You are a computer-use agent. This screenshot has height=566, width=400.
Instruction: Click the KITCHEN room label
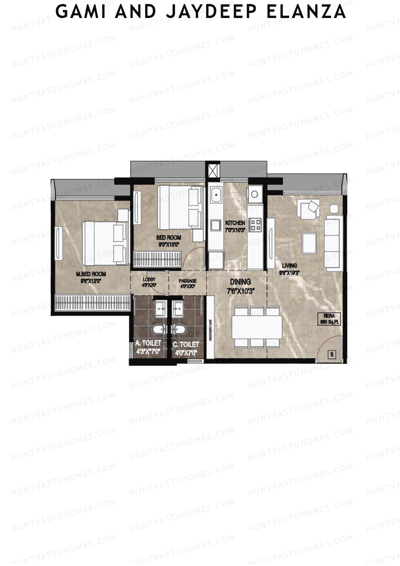click(235, 223)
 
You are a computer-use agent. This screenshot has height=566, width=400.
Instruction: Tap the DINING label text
click(240, 282)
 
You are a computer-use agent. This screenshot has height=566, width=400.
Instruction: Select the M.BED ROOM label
click(91, 274)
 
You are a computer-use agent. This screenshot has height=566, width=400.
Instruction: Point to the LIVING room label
click(289, 265)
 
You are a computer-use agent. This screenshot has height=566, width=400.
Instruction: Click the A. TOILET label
click(148, 343)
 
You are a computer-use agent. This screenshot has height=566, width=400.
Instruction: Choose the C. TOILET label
click(186, 344)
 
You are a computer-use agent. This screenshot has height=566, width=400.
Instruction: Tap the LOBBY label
click(149, 280)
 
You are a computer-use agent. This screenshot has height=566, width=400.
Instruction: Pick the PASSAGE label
click(188, 281)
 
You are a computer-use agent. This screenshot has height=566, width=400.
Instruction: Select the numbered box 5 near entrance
click(332, 355)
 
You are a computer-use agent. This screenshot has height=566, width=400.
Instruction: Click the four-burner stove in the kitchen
click(256, 225)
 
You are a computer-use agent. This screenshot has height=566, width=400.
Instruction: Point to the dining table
click(257, 327)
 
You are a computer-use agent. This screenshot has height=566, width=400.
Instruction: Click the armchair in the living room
click(310, 209)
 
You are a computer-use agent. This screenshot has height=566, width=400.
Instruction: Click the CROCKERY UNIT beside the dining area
click(211, 327)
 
